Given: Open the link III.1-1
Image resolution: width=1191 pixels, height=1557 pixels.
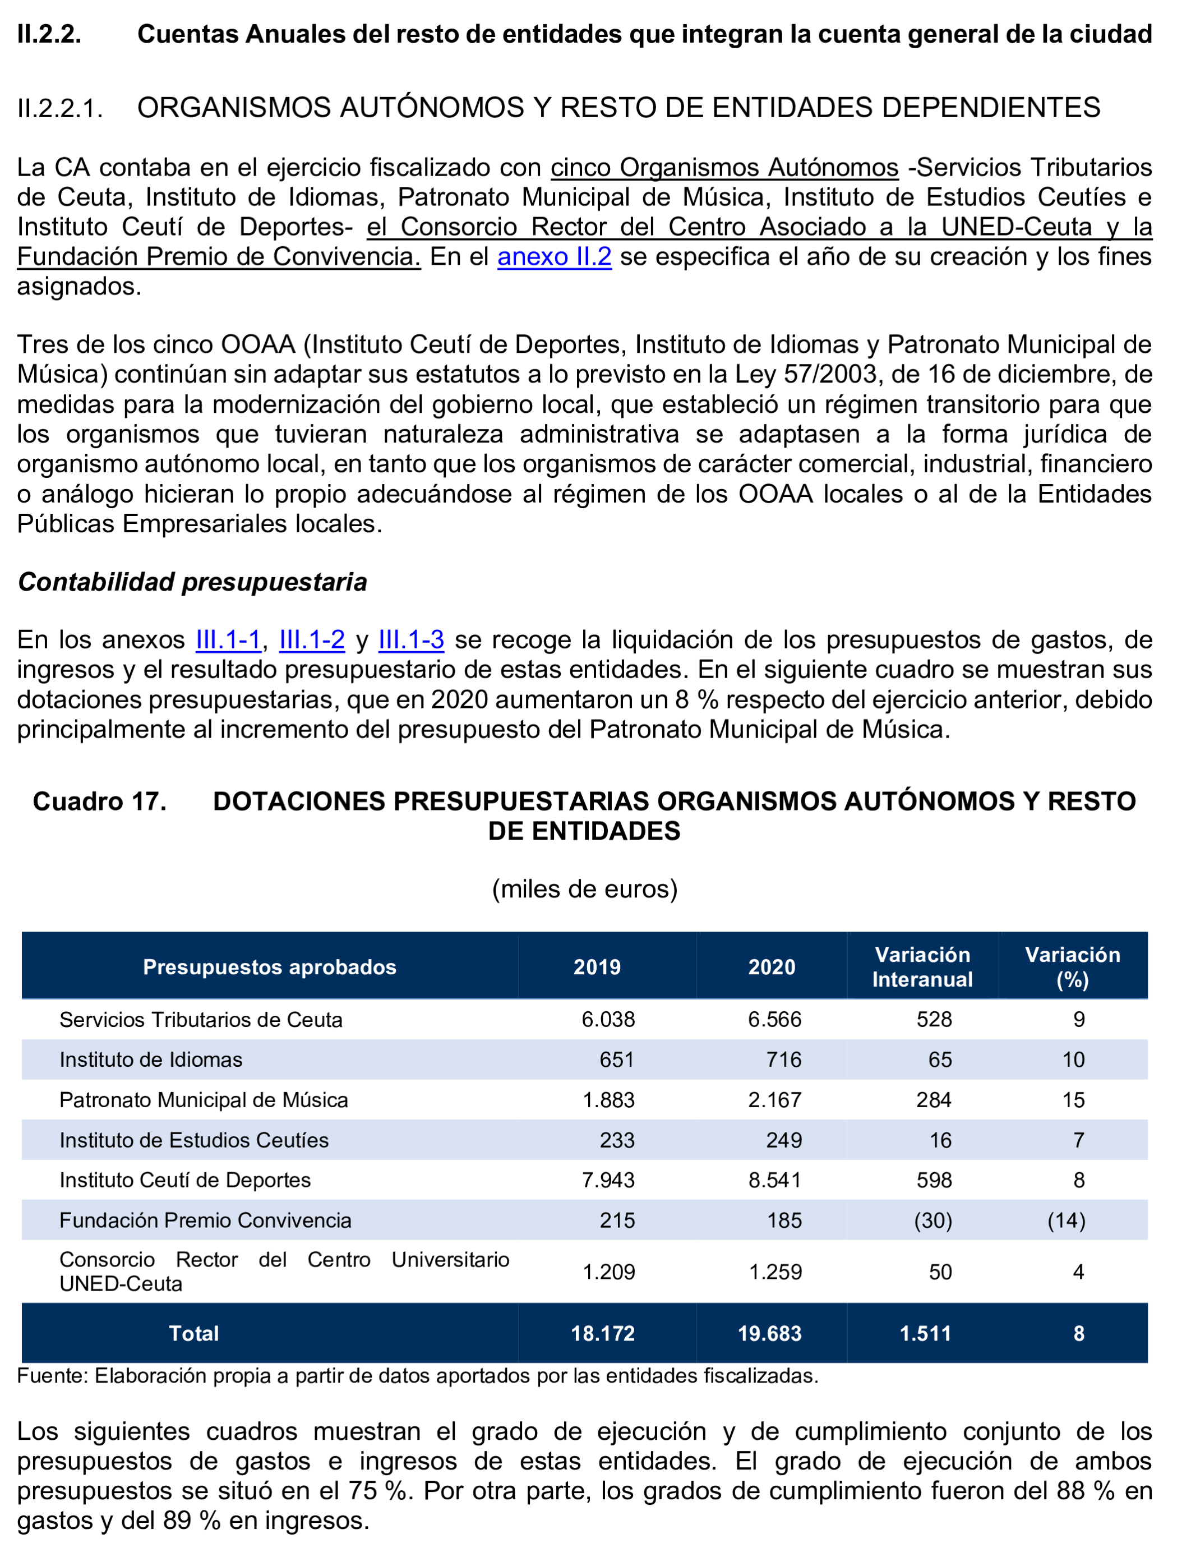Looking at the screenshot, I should click(x=228, y=639).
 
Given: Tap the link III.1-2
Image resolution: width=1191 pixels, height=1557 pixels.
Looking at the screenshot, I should click(x=312, y=639).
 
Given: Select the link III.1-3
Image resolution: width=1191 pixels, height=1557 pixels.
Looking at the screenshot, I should click(x=411, y=639).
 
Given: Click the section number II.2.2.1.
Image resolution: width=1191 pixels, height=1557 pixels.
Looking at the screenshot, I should click(x=60, y=108).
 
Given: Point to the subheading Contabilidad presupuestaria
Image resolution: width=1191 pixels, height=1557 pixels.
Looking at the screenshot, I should click(x=192, y=582).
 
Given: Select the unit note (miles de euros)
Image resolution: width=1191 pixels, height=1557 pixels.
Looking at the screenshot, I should click(x=585, y=888).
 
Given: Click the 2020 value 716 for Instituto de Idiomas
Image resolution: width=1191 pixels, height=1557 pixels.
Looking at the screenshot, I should click(x=783, y=1060).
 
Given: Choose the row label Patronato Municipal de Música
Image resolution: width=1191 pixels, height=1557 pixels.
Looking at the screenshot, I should click(x=204, y=1100).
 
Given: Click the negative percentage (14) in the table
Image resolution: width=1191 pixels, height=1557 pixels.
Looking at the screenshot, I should click(x=1066, y=1220).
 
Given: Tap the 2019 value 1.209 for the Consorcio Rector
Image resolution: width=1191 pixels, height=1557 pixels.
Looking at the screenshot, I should click(x=608, y=1272).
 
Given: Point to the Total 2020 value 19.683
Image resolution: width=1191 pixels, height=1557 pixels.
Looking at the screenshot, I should click(x=769, y=1334).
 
